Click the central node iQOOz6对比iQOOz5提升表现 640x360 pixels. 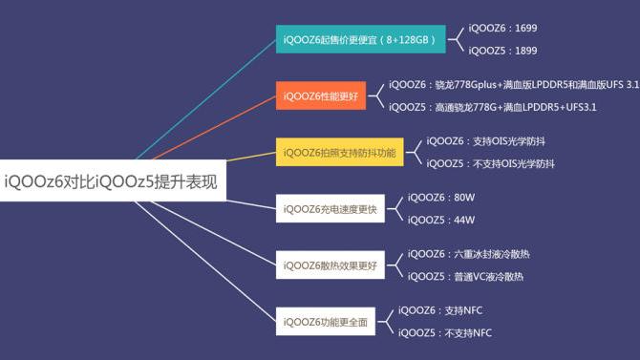pyautogui.click(x=112, y=180)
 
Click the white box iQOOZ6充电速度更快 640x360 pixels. pyautogui.click(x=331, y=208)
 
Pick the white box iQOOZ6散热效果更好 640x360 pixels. pyautogui.click(x=331, y=265)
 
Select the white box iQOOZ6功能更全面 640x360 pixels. pyautogui.click(x=326, y=321)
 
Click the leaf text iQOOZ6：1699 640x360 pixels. pyautogui.click(x=502, y=29)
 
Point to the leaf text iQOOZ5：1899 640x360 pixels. pyautogui.click(x=502, y=52)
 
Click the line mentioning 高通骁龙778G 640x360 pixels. pyautogui.click(x=492, y=107)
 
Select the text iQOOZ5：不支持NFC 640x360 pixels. pyautogui.click(x=445, y=332)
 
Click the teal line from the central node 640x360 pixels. pyautogui.click(x=205, y=99)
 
